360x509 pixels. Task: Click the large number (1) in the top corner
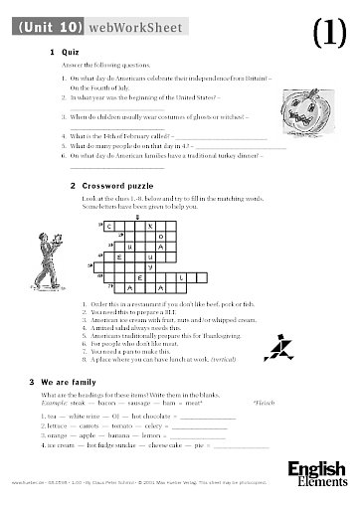327,34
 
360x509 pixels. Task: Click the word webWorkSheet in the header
141,28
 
